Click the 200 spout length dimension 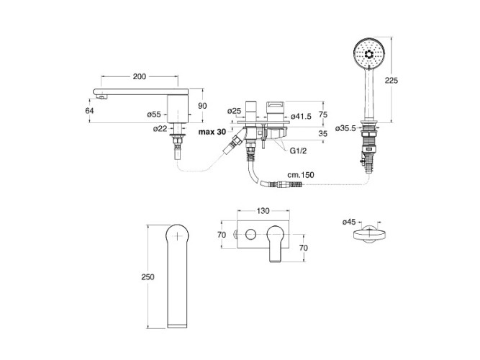140,76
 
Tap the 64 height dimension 89,110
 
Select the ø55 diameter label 154,114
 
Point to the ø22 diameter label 160,129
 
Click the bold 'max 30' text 212,132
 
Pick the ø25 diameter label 234,111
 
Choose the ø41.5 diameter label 301,117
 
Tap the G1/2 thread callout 299,150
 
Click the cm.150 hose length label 301,175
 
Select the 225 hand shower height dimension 391,80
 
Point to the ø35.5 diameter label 345,128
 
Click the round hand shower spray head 368,54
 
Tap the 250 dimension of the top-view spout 148,277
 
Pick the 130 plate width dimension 263,211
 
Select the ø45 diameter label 349,222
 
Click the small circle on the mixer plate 250,235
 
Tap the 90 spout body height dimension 202,106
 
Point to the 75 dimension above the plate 323,114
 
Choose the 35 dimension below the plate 323,133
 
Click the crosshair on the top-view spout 177,235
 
